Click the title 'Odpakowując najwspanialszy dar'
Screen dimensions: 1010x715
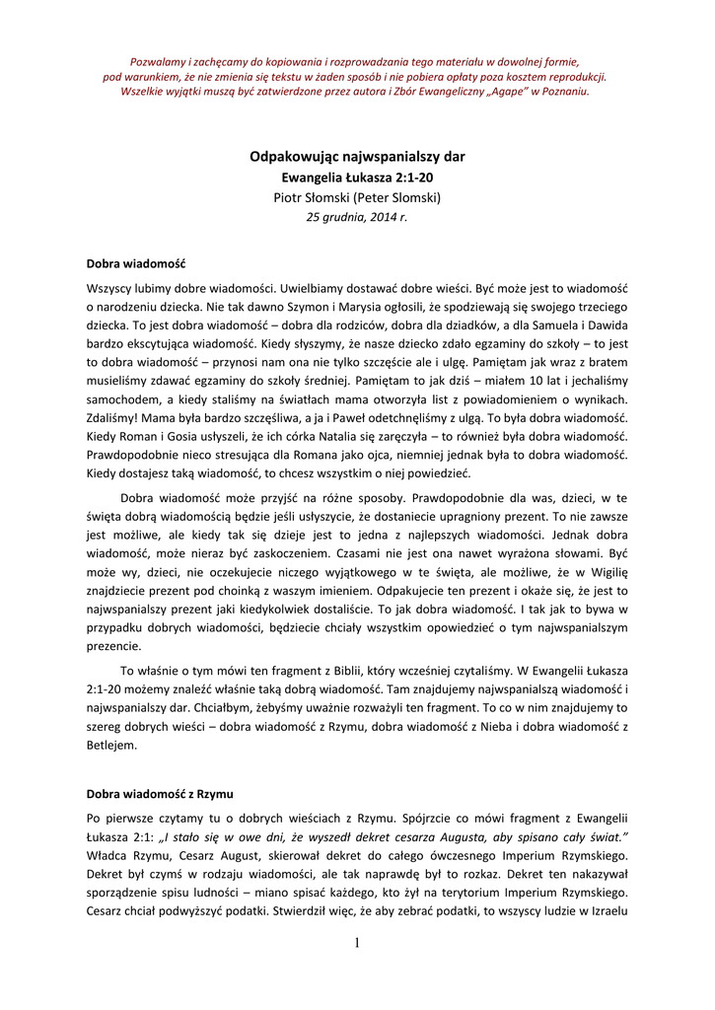point(357,156)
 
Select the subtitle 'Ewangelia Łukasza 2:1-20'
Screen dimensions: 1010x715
point(357,178)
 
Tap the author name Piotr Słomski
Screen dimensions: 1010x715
point(357,197)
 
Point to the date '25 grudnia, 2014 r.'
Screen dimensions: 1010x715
point(357,217)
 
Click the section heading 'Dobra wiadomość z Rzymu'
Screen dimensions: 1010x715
point(160,793)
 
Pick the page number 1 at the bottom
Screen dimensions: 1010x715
point(357,943)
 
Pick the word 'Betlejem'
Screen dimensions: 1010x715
point(112,747)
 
